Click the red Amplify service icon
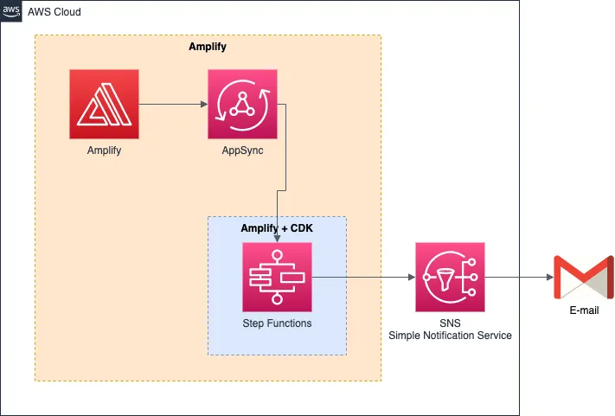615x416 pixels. [x=104, y=105]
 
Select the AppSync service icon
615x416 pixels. [x=242, y=105]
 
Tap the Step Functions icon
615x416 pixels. [x=277, y=277]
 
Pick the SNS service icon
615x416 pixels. [x=450, y=277]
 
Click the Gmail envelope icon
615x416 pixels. [x=583, y=277]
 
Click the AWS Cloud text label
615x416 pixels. [x=55, y=13]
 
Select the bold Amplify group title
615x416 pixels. [x=208, y=47]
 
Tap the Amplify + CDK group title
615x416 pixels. [x=277, y=227]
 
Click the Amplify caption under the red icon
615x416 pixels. [x=104, y=150]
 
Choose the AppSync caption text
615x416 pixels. [x=242, y=150]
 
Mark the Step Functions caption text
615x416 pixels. [x=277, y=323]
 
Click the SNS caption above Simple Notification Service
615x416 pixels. [x=450, y=323]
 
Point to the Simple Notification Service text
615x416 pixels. [x=450, y=336]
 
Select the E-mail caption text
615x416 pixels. [x=583, y=310]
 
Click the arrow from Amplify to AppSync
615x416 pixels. [x=173, y=105]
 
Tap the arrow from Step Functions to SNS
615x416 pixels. [x=363, y=277]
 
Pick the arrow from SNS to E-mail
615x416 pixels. [x=519, y=277]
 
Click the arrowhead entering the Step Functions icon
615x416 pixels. [x=277, y=238]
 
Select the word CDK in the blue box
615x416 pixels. [x=299, y=227]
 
